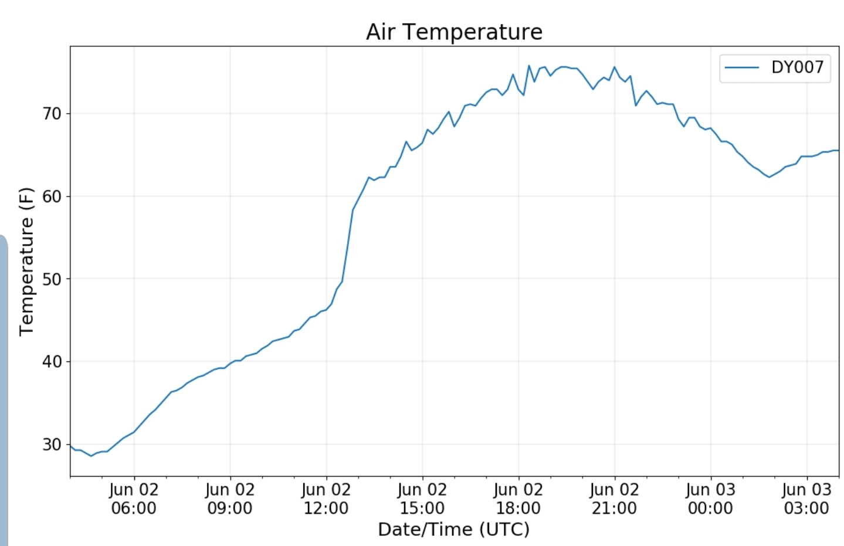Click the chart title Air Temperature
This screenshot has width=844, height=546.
(x=454, y=32)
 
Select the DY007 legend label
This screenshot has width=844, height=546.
(x=797, y=67)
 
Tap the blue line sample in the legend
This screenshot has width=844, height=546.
(x=742, y=67)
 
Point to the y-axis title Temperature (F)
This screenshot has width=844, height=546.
(x=26, y=262)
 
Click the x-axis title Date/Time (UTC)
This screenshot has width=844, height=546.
(x=453, y=529)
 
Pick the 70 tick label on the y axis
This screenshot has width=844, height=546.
(x=52, y=114)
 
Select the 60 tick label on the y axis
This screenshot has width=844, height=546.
(x=52, y=196)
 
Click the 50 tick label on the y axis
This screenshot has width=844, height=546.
(x=52, y=279)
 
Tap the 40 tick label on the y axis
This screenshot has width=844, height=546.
(x=52, y=362)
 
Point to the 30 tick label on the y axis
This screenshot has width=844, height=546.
(x=52, y=445)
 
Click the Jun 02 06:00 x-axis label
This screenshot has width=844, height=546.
(x=134, y=498)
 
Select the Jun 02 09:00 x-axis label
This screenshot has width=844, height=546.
(x=230, y=498)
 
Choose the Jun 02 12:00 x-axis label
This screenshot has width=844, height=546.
(x=326, y=498)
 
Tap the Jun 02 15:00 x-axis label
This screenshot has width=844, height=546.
(x=422, y=498)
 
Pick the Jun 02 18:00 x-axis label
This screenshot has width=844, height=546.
(x=518, y=498)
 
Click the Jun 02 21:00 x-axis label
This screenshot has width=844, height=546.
(x=614, y=498)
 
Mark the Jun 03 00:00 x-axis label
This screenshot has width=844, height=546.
(x=710, y=498)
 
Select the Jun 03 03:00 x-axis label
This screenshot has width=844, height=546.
(x=806, y=498)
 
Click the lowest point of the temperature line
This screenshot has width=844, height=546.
(x=91, y=456)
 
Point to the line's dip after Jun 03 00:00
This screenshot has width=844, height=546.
(x=770, y=177)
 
